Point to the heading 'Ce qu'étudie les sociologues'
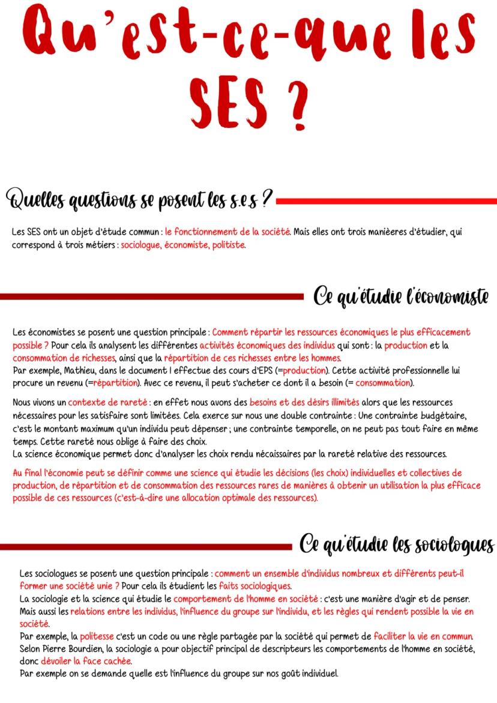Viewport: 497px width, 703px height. pos(397,545)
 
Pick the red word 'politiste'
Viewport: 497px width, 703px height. pos(228,246)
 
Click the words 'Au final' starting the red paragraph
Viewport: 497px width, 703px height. pos(29,473)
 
